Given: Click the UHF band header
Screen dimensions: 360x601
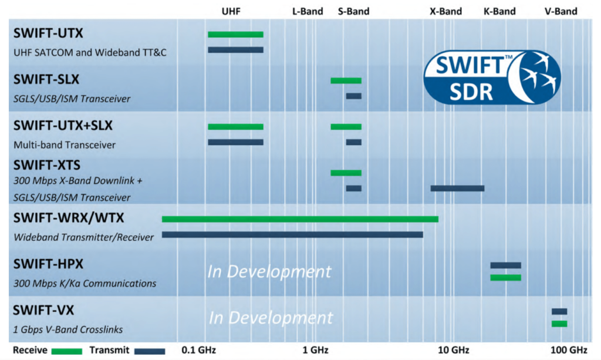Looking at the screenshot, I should coord(231,11).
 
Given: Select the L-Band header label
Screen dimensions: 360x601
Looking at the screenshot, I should coord(308,11).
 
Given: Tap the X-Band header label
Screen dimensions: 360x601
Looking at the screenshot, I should coord(445,11).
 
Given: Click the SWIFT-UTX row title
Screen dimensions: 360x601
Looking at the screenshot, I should coord(49,33).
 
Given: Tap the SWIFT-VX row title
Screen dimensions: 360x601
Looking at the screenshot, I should coord(44,311).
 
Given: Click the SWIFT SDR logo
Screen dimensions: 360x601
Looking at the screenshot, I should coord(492,76).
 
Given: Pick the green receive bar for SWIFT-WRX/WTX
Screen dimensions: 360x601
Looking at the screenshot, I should coord(300,219).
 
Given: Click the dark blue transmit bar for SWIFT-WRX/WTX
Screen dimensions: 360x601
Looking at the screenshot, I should coord(292,235).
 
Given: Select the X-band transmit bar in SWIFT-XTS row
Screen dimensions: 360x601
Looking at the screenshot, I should coord(457,189).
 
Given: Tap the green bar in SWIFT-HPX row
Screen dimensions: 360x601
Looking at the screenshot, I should coord(505,278).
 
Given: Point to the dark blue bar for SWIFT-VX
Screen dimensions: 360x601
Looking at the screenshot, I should coord(559,311).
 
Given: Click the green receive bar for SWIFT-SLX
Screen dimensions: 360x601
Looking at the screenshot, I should coord(346,80).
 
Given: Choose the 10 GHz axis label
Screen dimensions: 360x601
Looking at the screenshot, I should coord(453,351).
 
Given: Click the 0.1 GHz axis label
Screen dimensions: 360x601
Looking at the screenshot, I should coord(199,351).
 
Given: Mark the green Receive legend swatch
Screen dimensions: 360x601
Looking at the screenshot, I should coord(67,351).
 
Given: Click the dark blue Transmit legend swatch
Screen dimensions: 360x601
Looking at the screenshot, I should coord(150,351).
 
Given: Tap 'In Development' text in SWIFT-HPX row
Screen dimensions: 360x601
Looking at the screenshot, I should coord(269,272).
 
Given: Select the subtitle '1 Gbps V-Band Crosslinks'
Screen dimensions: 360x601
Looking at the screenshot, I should coord(71,329).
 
